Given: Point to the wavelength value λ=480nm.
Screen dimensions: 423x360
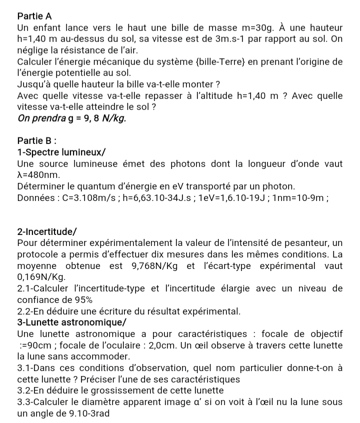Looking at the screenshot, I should click(x=38, y=175).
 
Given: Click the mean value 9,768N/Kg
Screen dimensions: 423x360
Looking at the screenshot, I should click(x=154, y=266).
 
